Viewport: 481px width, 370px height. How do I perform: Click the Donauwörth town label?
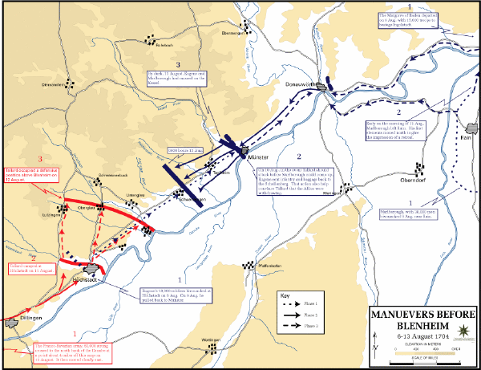pos(298,83)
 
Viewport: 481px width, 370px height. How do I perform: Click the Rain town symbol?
pos(471,128)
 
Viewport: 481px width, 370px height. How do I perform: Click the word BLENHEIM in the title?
pos(422,325)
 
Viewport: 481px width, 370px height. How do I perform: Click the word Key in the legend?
pos(286,296)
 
